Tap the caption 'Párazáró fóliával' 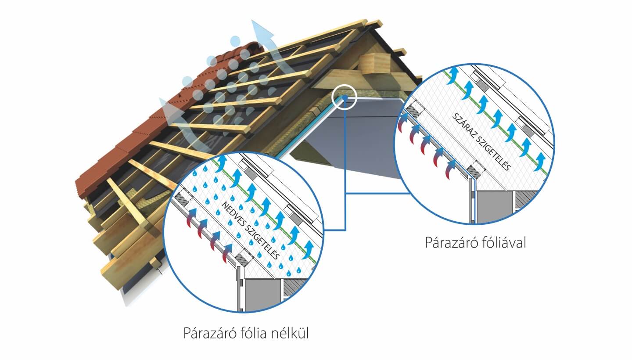(x=475, y=242)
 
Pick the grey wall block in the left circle (x=262, y=294)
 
